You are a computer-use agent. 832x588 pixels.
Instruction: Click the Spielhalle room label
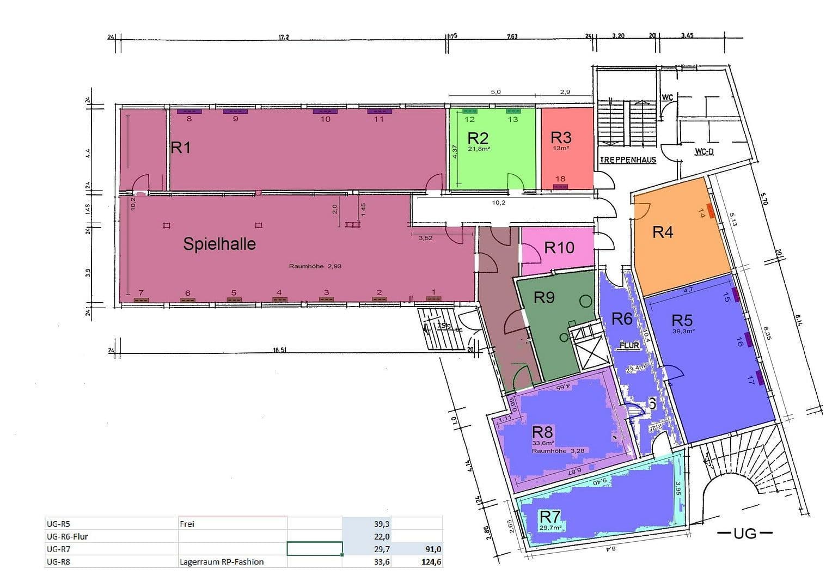click(x=219, y=243)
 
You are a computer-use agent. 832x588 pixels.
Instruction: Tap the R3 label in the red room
click(x=561, y=137)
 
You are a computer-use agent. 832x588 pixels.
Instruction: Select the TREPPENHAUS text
click(x=628, y=160)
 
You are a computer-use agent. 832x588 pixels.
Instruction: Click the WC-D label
click(x=703, y=151)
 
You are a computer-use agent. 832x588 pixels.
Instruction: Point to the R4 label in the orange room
click(x=663, y=232)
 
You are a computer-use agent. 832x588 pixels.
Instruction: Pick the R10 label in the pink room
click(x=559, y=248)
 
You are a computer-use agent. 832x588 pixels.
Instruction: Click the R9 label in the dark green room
click(x=544, y=297)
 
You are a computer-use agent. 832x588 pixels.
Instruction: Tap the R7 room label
click(x=550, y=516)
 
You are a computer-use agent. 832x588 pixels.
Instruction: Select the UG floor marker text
click(x=745, y=533)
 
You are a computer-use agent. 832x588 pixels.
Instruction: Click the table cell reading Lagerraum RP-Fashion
click(x=222, y=562)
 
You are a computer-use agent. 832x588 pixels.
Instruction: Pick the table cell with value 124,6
click(x=430, y=562)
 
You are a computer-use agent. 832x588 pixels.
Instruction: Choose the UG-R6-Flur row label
click(x=68, y=536)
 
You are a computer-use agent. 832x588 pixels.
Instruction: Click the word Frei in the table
click(x=187, y=524)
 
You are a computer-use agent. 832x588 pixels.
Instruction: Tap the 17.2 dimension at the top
click(x=283, y=37)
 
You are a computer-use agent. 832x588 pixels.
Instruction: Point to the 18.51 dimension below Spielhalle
click(x=279, y=350)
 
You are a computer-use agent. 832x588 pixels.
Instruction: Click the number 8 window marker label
click(x=189, y=118)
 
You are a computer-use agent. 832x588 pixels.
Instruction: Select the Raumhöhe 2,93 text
click(x=315, y=266)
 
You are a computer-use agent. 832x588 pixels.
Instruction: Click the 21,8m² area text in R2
click(x=479, y=148)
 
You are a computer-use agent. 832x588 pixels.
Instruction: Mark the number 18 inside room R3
click(x=560, y=179)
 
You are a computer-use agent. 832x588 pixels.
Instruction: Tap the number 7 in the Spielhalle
click(x=140, y=293)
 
